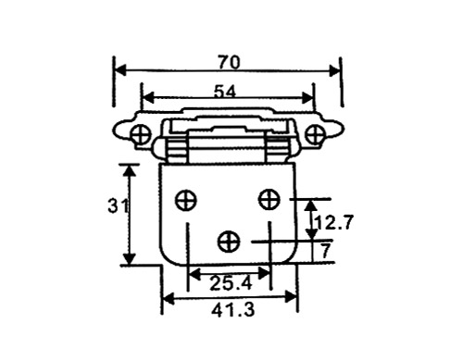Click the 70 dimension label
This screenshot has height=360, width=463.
[x=229, y=62]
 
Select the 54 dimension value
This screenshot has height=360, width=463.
[x=225, y=92]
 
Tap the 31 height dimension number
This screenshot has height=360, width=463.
[x=118, y=205]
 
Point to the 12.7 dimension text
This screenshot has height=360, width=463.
[x=333, y=222]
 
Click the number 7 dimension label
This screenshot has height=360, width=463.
[x=326, y=251]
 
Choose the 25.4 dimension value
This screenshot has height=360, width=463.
[x=231, y=283]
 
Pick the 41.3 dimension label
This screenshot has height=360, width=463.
[x=233, y=310]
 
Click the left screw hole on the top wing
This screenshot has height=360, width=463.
[x=141, y=134]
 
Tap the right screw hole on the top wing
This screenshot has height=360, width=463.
[x=315, y=134]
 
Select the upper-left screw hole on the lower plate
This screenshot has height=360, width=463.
[x=186, y=200]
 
